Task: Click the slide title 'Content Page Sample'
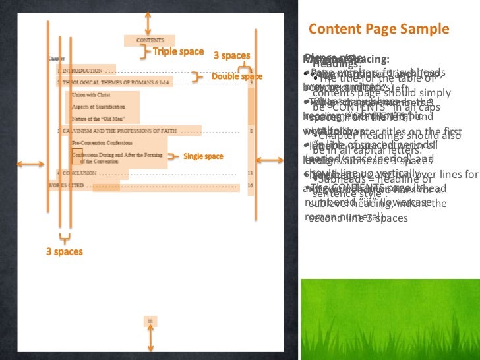coord(378,30)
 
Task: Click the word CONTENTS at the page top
coord(150,40)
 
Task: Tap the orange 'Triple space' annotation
coord(178,52)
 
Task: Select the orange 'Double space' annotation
coord(237,77)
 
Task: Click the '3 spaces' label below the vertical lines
coord(64,252)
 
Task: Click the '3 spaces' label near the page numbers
coord(231,56)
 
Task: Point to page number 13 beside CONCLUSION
coord(250,173)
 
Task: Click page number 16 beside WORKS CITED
coord(250,185)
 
